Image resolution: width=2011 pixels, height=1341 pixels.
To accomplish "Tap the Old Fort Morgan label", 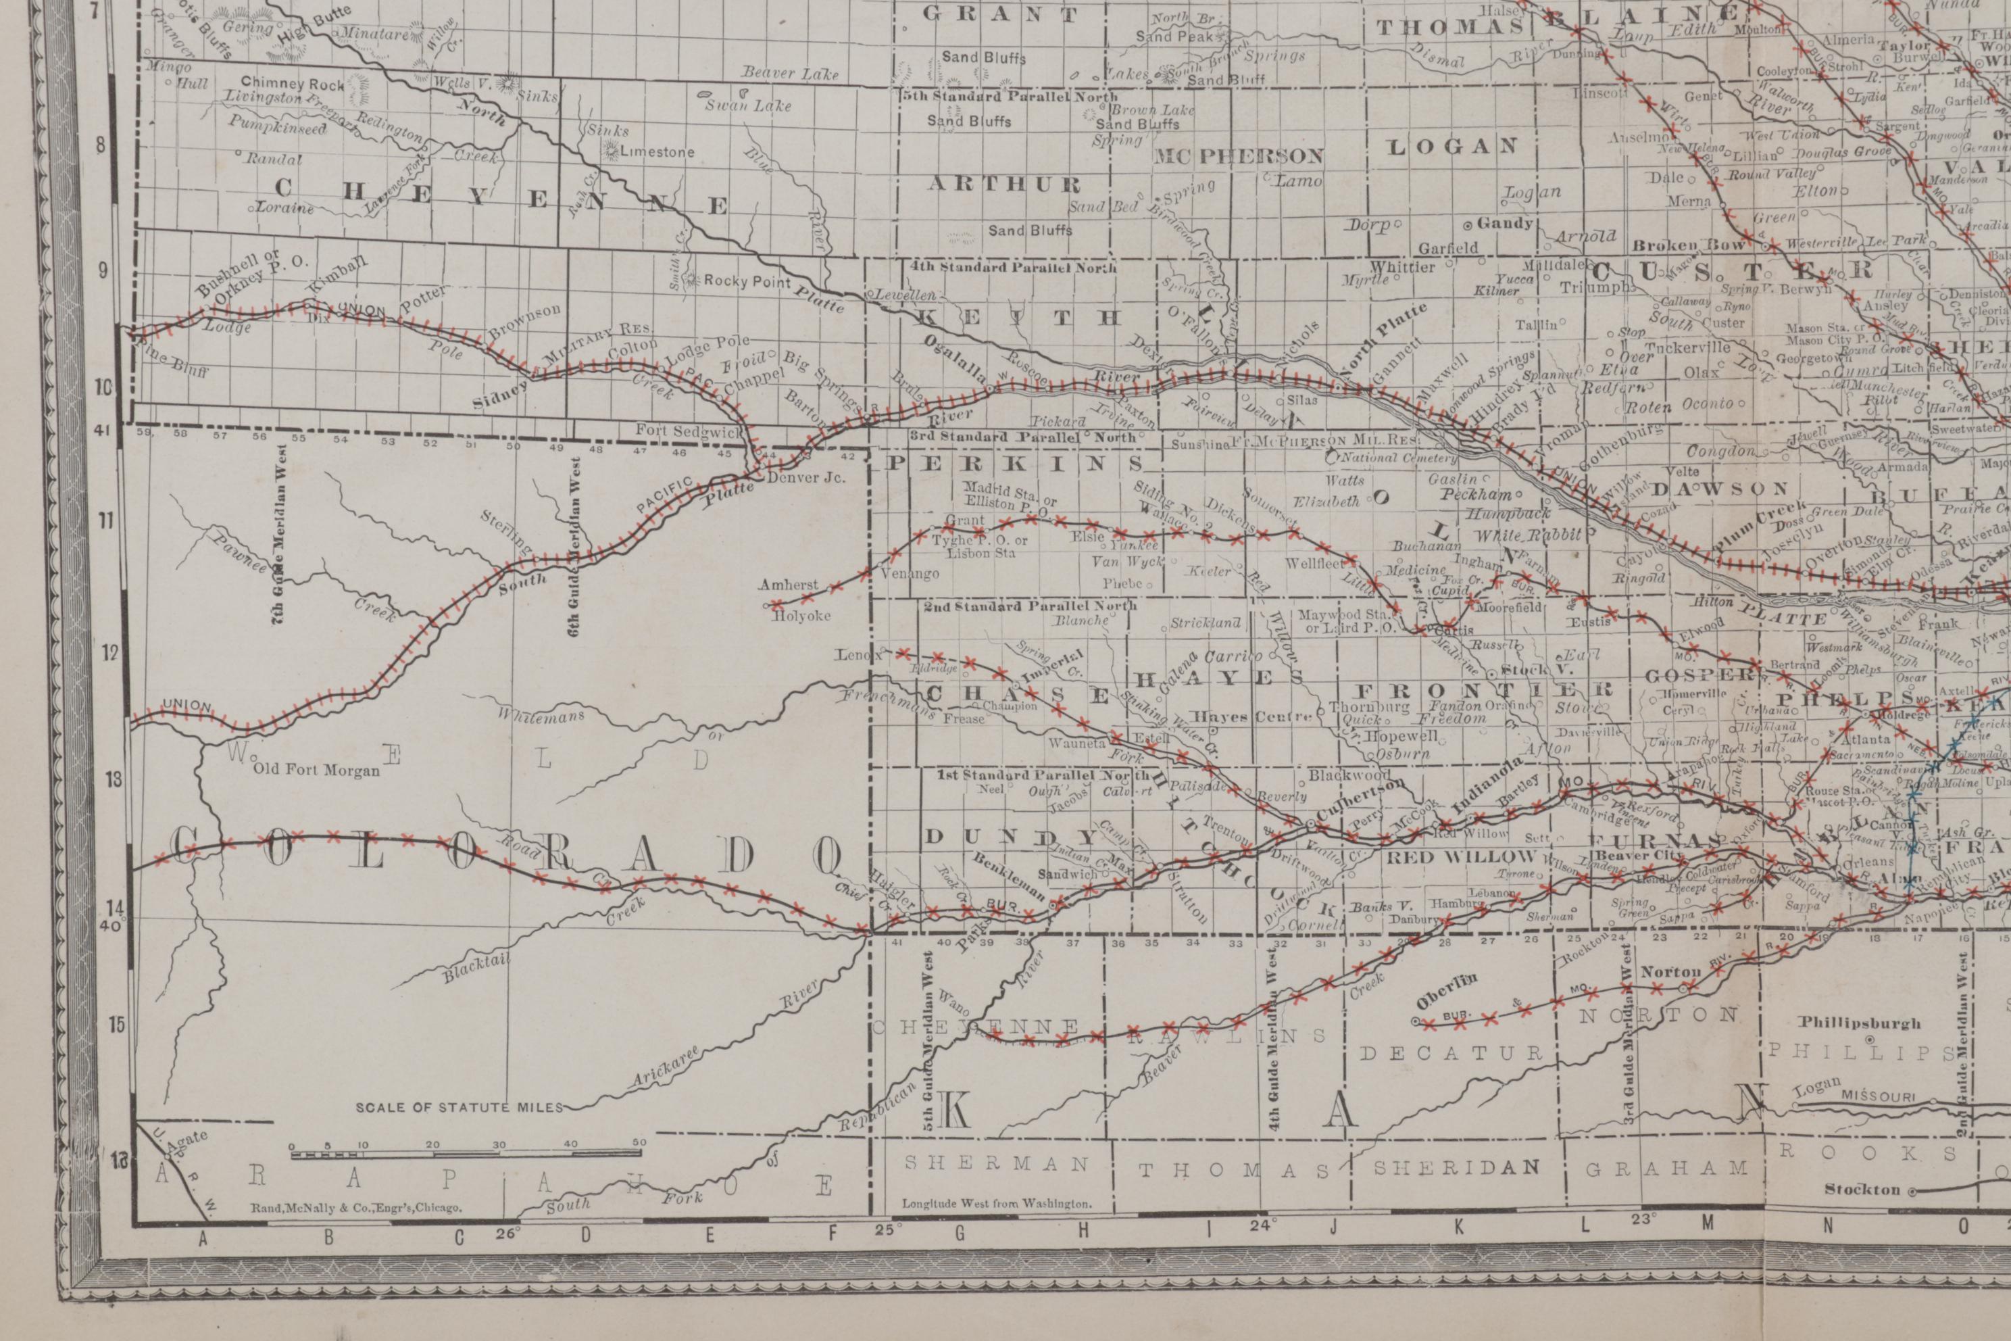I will [x=316, y=770].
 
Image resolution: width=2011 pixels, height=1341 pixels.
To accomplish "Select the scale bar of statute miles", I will [x=468, y=1154].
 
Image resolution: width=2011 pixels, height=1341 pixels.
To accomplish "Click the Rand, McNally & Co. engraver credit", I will [x=355, y=1208].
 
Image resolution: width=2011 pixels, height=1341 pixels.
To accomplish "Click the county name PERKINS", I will [x=1016, y=463].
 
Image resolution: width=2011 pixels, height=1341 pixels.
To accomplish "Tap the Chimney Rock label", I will [x=291, y=83].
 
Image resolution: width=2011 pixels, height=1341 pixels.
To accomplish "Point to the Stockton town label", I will [x=1862, y=1189].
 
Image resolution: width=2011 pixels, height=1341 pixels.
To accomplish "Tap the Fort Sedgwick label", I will [x=689, y=432].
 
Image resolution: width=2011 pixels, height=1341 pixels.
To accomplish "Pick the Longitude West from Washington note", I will [x=997, y=1203].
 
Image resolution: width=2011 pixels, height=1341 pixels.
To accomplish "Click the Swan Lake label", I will [x=748, y=106].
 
